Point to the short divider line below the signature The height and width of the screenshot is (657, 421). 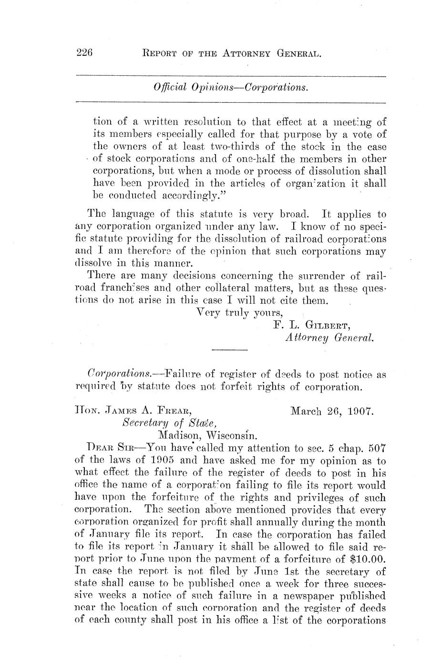[x=229, y=351]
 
